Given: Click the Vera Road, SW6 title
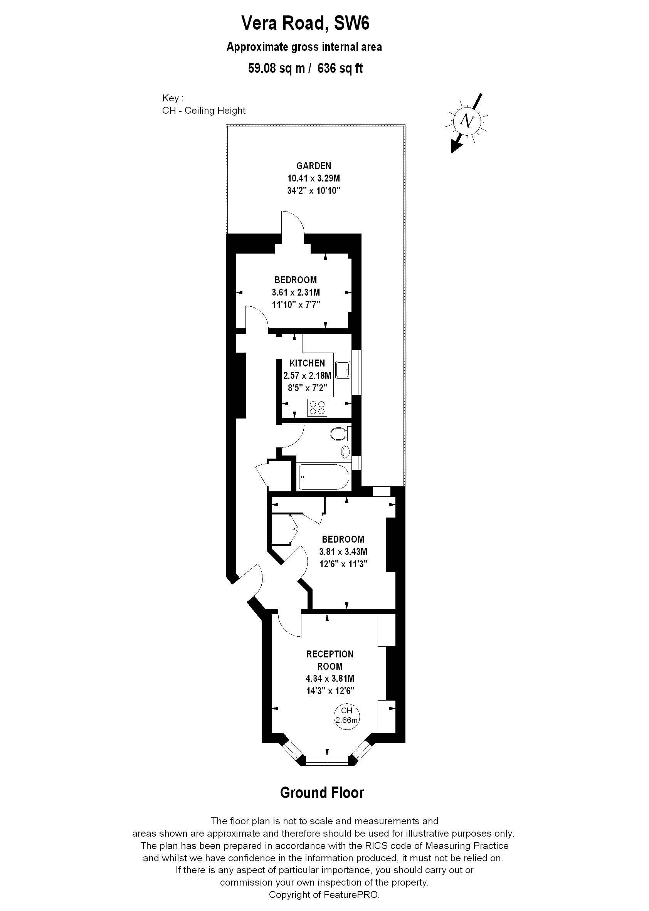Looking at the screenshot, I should click(x=305, y=23).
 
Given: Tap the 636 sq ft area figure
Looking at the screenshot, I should click(x=340, y=68).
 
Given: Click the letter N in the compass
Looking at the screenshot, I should click(x=466, y=120).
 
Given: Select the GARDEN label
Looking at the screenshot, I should click(x=313, y=166).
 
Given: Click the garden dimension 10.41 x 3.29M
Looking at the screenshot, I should click(x=313, y=178).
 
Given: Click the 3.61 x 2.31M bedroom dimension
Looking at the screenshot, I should click(x=296, y=292).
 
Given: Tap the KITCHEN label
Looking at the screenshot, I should click(x=307, y=363).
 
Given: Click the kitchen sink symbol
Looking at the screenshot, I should click(x=343, y=370).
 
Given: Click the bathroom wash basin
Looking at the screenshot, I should click(x=346, y=452).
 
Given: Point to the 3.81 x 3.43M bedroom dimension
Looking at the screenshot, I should click(x=343, y=552).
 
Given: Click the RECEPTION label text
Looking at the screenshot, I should click(x=330, y=654).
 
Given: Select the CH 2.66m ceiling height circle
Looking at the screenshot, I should click(x=346, y=715).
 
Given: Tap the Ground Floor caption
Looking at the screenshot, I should click(x=322, y=793).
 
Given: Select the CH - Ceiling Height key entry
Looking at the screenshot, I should click(x=204, y=110).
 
